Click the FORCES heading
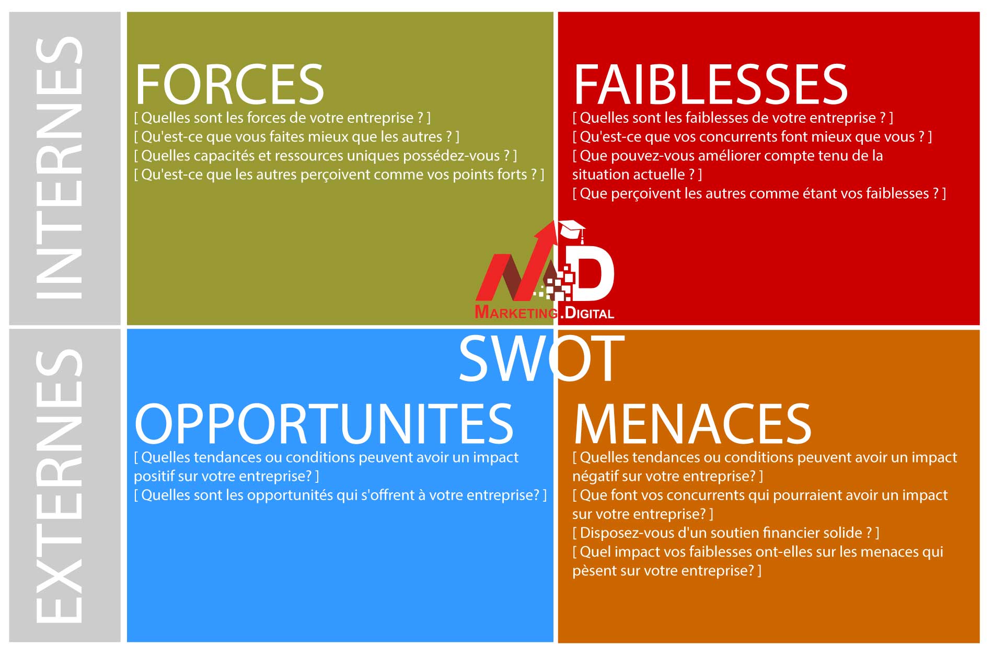(x=229, y=85)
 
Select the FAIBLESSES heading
(x=710, y=85)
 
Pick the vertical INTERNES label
(x=59, y=167)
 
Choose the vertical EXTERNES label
(x=59, y=486)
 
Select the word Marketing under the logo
(x=516, y=313)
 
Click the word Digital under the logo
(x=590, y=313)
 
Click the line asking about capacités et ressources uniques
(x=325, y=156)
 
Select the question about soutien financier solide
(x=725, y=533)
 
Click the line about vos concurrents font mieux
(x=752, y=137)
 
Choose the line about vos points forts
(x=339, y=175)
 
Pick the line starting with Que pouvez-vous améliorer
(x=728, y=156)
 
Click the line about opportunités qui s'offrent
(x=340, y=495)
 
